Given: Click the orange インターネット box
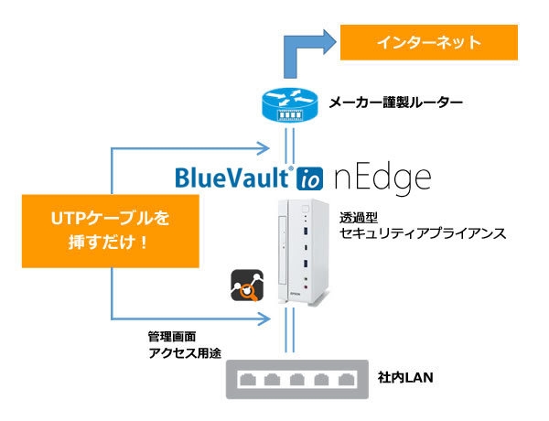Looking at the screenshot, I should [431, 43].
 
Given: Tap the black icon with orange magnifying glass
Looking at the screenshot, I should [248, 286].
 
